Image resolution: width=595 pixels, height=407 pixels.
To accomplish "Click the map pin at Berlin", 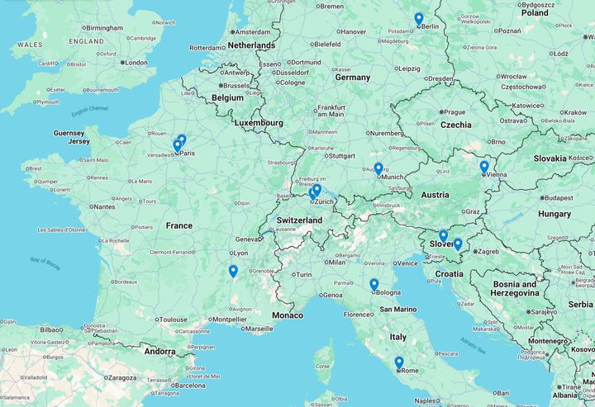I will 419,19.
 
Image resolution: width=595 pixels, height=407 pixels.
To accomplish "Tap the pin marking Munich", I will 378,169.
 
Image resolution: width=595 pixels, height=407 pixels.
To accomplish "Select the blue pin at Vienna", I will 484,168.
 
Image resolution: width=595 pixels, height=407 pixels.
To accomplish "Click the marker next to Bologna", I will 374,285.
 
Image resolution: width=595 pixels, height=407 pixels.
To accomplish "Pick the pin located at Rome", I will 399,362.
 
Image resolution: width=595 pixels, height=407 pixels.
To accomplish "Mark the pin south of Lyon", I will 233,272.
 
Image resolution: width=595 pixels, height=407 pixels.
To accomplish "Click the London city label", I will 136,63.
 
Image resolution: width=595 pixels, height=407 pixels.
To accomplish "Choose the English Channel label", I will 89,110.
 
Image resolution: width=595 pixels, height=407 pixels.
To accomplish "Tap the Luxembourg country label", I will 258,123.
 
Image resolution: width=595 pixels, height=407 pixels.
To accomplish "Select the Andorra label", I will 159,351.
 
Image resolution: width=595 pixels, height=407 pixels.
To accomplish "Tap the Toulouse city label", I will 174,319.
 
